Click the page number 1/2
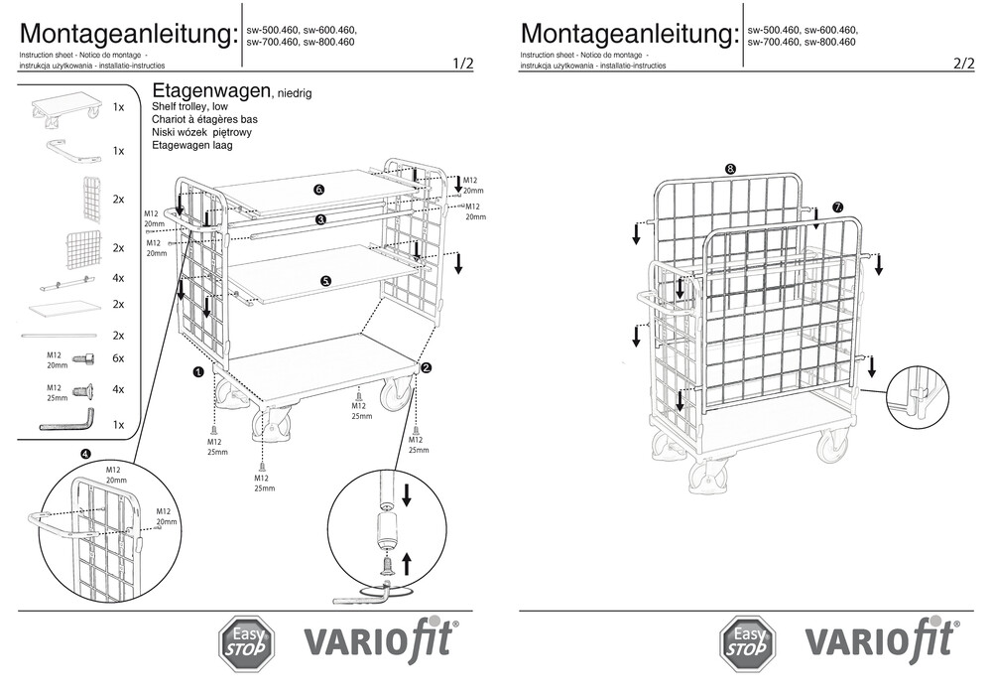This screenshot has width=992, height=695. point(462,64)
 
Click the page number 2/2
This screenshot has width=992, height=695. point(963,64)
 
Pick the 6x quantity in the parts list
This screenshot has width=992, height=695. point(118,358)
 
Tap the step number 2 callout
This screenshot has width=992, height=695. point(427,366)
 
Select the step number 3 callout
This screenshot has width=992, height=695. point(320,218)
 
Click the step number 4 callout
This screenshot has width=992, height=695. point(86,454)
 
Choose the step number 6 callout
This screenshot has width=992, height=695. point(319,189)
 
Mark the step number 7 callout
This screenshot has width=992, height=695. point(837,208)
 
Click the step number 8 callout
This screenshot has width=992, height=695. point(731,169)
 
